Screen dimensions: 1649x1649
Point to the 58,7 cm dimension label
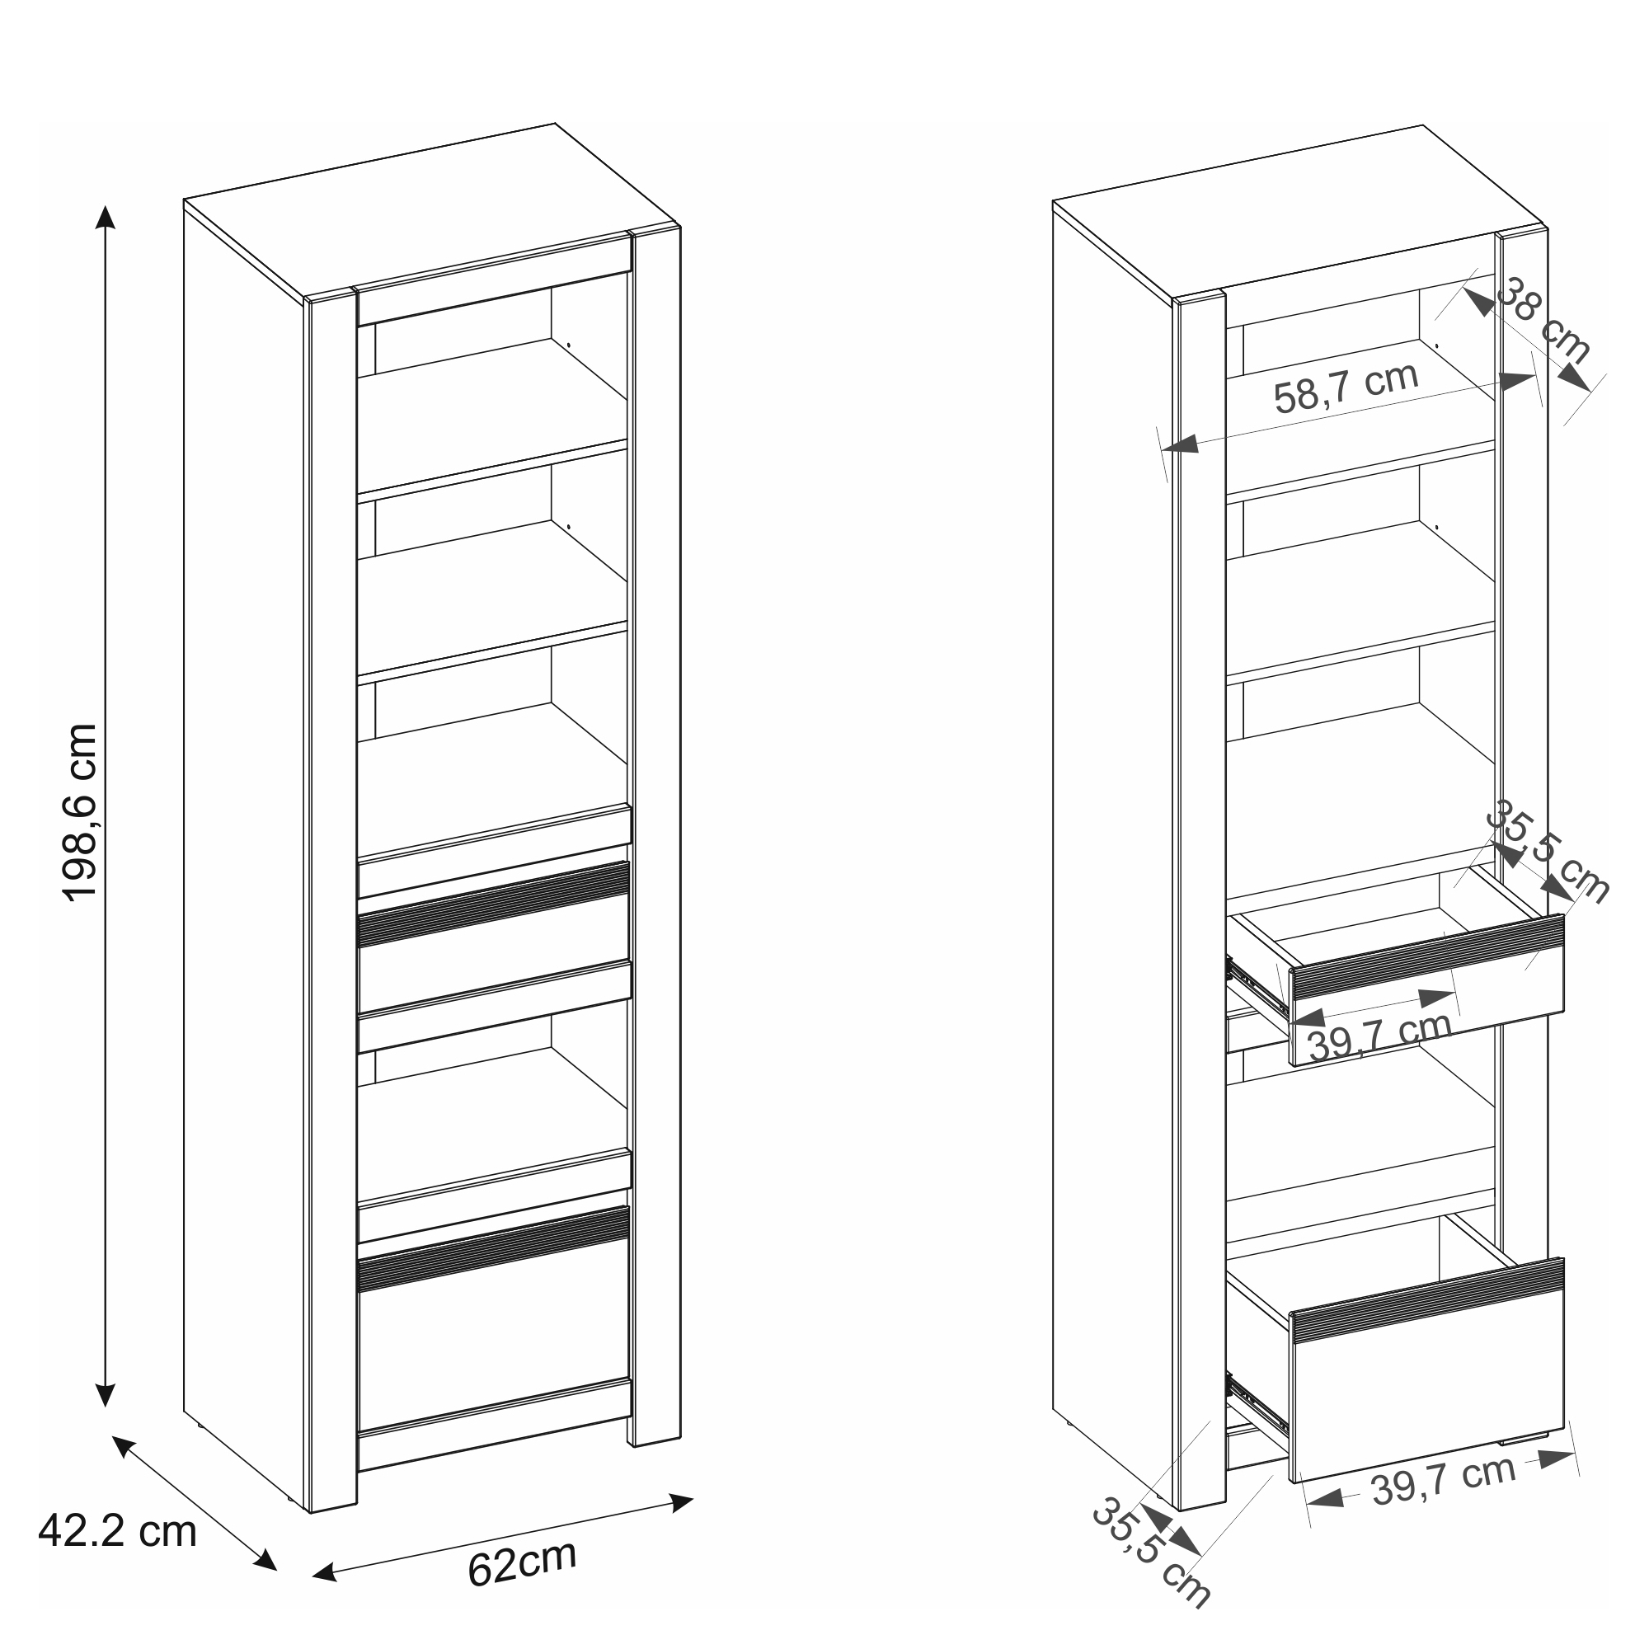[1346, 388]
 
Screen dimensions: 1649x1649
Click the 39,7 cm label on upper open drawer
[1379, 1036]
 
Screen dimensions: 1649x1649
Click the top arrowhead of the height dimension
[105, 217]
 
